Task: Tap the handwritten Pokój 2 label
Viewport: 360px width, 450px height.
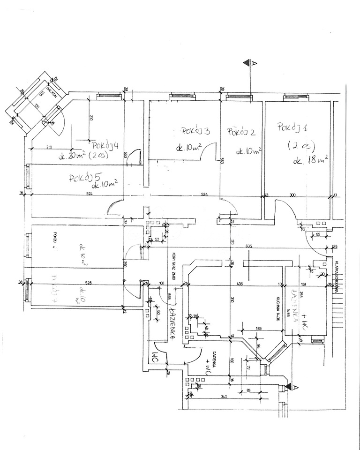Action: (241, 132)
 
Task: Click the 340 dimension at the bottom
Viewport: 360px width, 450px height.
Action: (224, 397)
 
